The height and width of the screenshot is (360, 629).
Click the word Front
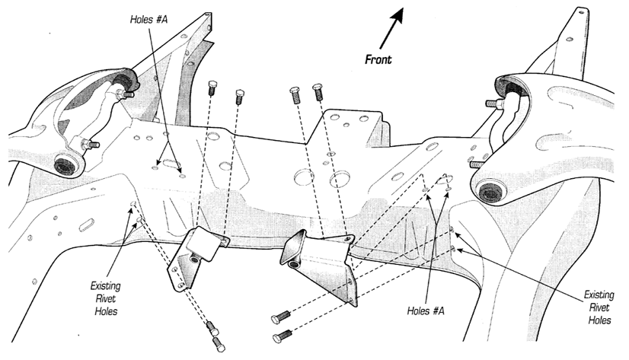point(378,59)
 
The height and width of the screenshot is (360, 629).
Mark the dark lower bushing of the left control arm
point(66,164)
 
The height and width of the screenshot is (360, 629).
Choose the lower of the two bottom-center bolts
point(283,334)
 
